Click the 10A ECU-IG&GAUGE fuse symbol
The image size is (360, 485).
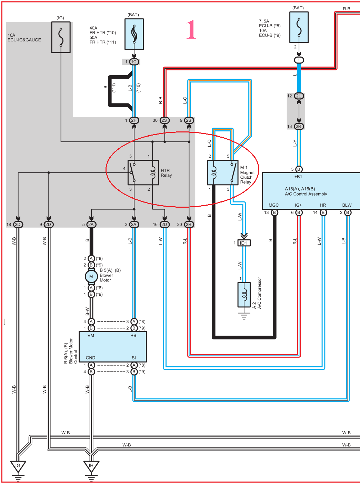click(x=61, y=37)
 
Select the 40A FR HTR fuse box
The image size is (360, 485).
click(x=134, y=34)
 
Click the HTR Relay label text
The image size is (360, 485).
click(x=166, y=173)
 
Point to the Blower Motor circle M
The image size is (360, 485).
click(x=91, y=276)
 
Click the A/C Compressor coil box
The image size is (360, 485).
click(x=244, y=295)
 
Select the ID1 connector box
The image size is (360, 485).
click(x=244, y=243)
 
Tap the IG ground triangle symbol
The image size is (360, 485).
click(x=18, y=466)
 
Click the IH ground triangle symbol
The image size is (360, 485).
click(x=91, y=466)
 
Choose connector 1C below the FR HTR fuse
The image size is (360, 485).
click(x=134, y=62)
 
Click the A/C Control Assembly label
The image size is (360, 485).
click(x=306, y=191)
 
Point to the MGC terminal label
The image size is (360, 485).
click(x=273, y=205)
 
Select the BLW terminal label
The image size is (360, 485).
click(x=347, y=205)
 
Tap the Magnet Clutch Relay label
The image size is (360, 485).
click(x=247, y=175)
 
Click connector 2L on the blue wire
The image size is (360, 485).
click(x=299, y=96)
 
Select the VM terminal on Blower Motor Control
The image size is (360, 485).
click(x=91, y=335)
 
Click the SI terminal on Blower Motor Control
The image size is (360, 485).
click(x=134, y=358)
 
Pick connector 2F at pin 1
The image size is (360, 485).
click(x=134, y=120)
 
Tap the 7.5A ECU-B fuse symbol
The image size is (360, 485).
click(x=299, y=27)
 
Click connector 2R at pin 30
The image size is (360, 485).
click(x=189, y=224)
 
